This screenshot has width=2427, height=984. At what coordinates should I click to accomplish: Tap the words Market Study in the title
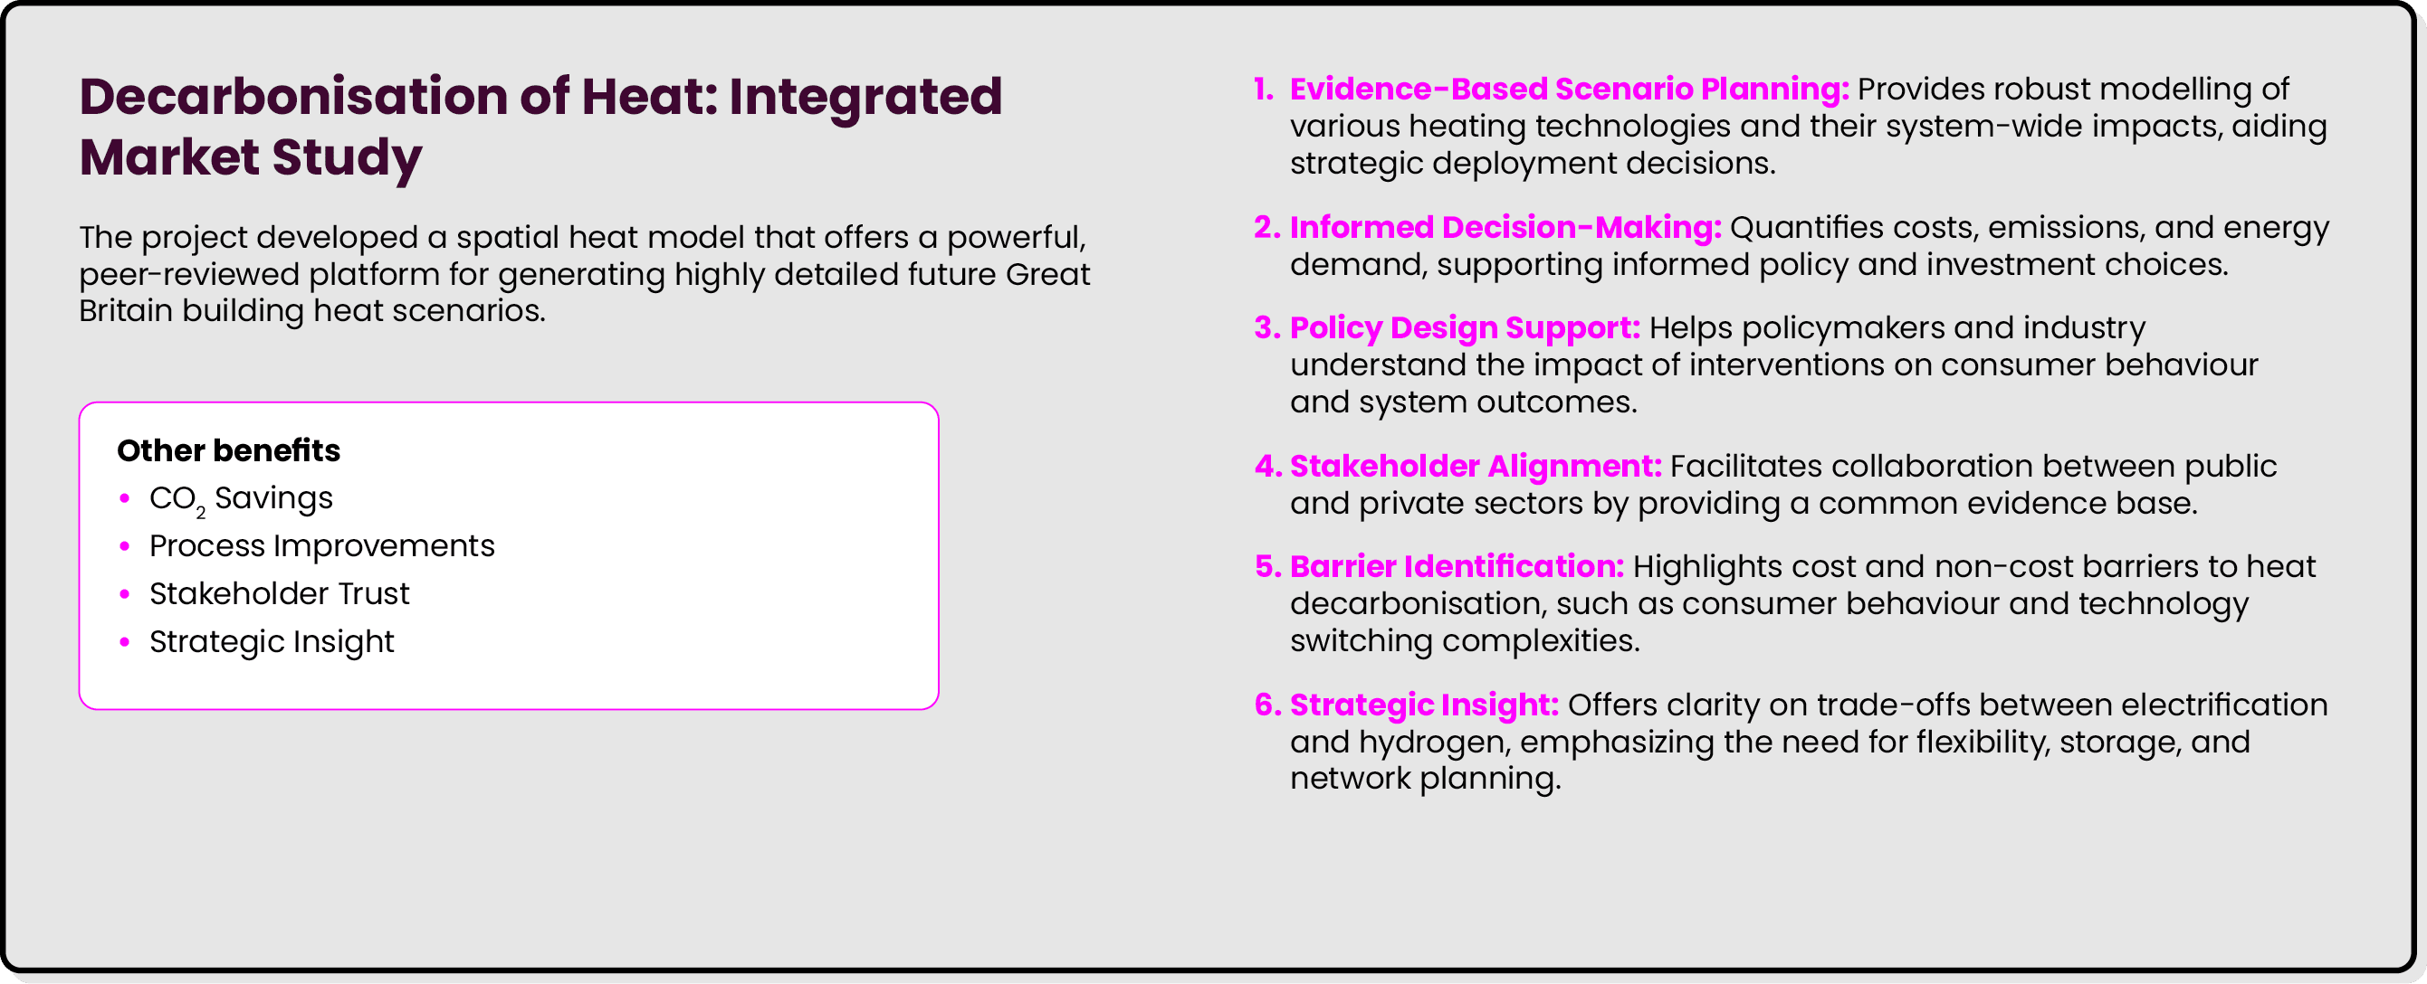pos(251,157)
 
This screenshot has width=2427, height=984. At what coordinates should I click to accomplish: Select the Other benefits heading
pos(228,450)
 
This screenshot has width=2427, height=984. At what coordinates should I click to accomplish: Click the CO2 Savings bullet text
pos(240,498)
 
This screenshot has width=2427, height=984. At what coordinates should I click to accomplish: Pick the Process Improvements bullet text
pos(321,546)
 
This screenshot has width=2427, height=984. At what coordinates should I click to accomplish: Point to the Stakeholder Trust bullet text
pos(279,594)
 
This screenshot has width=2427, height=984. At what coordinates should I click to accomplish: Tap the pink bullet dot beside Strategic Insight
pos(124,642)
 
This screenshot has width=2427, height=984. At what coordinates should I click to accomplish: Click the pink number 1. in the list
pos(1264,90)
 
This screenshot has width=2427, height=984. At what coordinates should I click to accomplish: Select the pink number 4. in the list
pos(1267,466)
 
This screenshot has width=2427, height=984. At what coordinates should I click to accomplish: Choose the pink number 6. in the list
pos(1267,705)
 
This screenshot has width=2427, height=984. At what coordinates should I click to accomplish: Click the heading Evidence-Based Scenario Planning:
pos(1569,90)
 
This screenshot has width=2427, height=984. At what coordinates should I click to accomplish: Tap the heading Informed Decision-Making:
pos(1505,228)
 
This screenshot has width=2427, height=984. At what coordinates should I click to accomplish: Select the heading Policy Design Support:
pos(1464,327)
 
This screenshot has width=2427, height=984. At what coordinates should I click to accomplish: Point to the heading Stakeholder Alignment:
pos(1475,466)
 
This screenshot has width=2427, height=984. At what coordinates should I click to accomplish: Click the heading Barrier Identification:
pos(1456,567)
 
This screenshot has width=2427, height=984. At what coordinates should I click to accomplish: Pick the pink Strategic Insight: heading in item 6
pos(1424,705)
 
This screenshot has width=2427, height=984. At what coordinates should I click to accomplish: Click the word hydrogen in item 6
pos(1435,742)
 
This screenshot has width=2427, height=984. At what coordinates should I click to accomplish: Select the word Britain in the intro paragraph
pos(125,311)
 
